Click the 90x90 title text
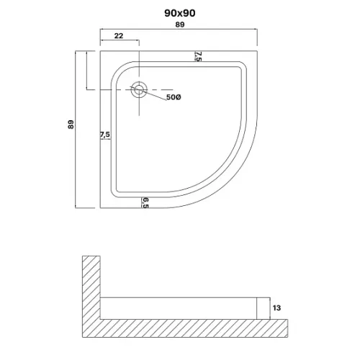(x=180, y=13)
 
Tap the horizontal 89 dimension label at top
(x=180, y=24)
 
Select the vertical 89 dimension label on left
(x=71, y=125)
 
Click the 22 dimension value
(x=119, y=36)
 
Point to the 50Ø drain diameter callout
(x=174, y=97)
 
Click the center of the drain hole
(x=139, y=90)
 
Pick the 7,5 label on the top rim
(x=199, y=56)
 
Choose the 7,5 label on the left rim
(x=105, y=135)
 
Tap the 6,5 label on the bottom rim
(x=145, y=203)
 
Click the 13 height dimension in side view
(x=276, y=307)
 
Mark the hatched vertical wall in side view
(x=91, y=288)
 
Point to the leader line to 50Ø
(x=153, y=95)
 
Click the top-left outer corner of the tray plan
(x=100, y=51)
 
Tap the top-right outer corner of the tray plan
(x=257, y=51)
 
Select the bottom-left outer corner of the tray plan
(x=100, y=208)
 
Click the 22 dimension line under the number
(x=120, y=40)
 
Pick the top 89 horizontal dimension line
(x=179, y=30)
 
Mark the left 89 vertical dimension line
(x=76, y=130)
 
